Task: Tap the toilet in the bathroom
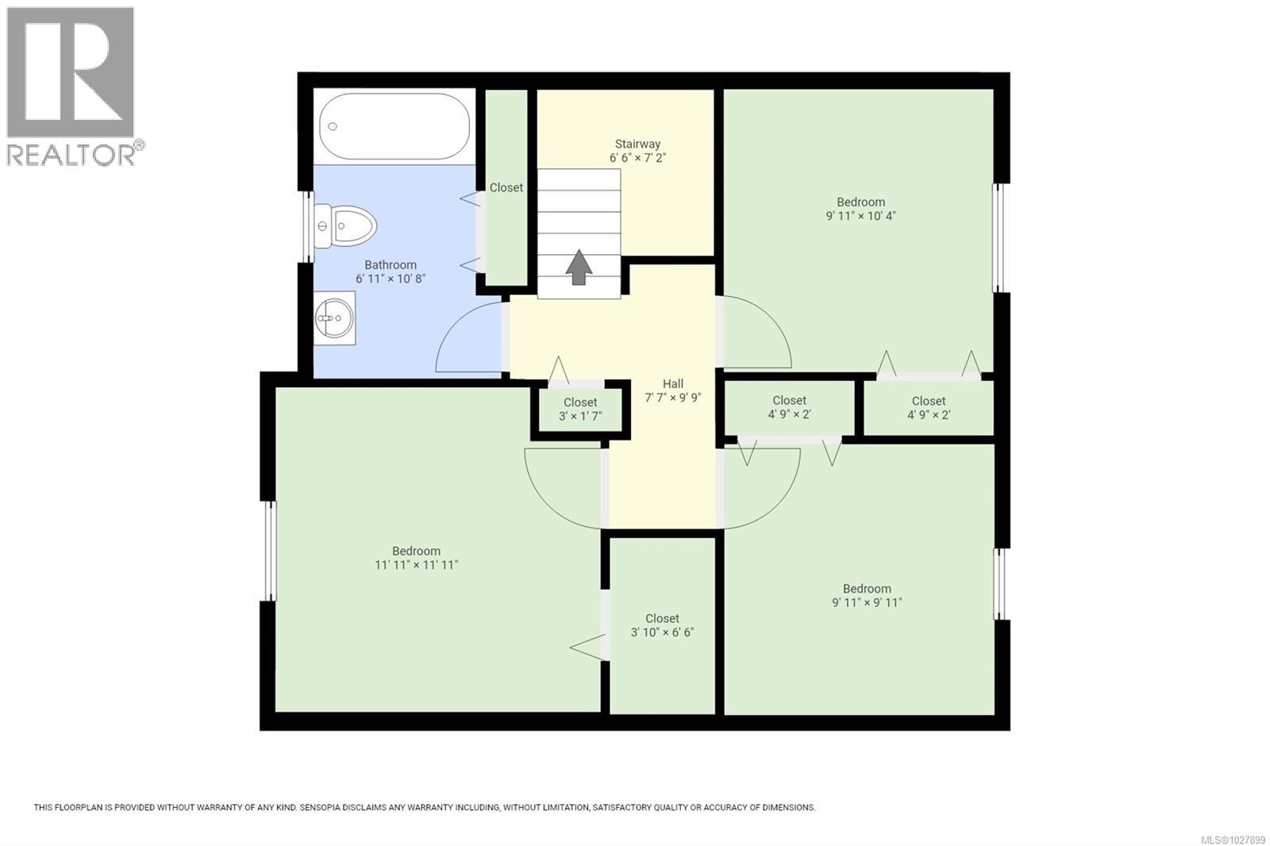coord(345,225)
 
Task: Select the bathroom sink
coord(334,318)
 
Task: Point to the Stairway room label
coord(637,144)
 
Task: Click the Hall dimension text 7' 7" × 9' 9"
coord(672,398)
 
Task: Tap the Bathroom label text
coord(391,265)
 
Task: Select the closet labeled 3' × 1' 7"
coord(580,410)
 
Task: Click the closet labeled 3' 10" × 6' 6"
coord(662,625)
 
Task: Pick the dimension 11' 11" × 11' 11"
coord(417,565)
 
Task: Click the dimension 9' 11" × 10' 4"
coord(860,216)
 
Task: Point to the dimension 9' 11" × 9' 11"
coord(867,602)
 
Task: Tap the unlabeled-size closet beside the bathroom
coord(506,187)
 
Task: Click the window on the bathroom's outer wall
coord(308,227)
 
